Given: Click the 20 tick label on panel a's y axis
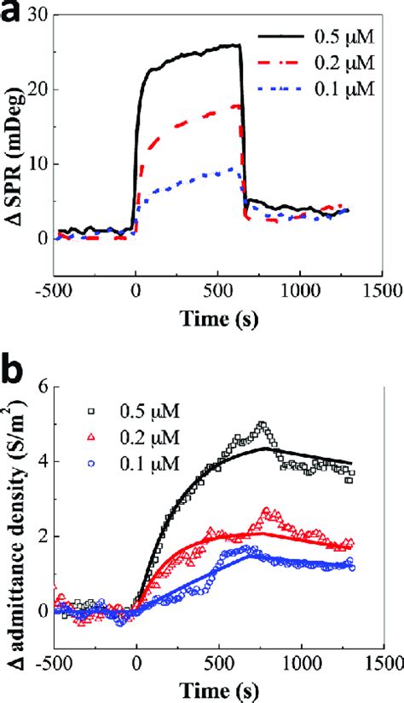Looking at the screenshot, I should pyautogui.click(x=36, y=89).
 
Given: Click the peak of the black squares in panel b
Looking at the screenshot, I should pyautogui.click(x=262, y=425).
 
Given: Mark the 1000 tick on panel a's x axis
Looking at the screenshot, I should pyautogui.click(x=298, y=289).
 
